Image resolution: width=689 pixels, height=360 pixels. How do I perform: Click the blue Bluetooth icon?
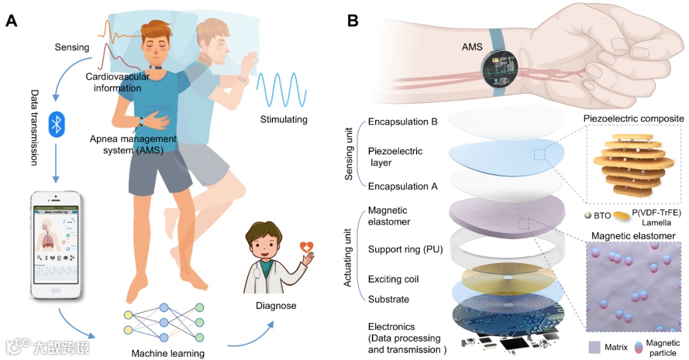click(57, 124)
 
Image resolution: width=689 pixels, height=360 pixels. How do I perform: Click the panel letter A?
click(11, 20)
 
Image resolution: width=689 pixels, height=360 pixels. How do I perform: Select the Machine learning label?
click(168, 353)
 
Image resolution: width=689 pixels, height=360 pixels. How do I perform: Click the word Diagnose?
click(276, 306)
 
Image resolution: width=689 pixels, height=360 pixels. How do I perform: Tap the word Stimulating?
click(284, 119)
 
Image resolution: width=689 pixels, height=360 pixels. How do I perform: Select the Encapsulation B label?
click(403, 121)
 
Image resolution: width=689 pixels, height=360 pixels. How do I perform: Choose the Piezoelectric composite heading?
click(632, 118)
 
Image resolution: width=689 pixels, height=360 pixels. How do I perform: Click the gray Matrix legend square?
click(594, 347)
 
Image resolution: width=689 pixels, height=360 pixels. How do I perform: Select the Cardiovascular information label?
click(118, 82)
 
